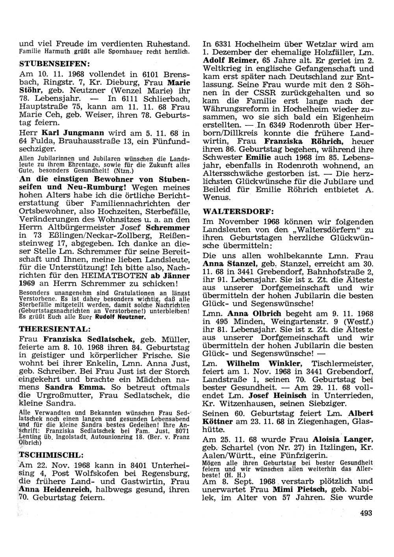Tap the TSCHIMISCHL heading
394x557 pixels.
tap(48, 455)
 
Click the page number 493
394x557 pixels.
tap(366, 513)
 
